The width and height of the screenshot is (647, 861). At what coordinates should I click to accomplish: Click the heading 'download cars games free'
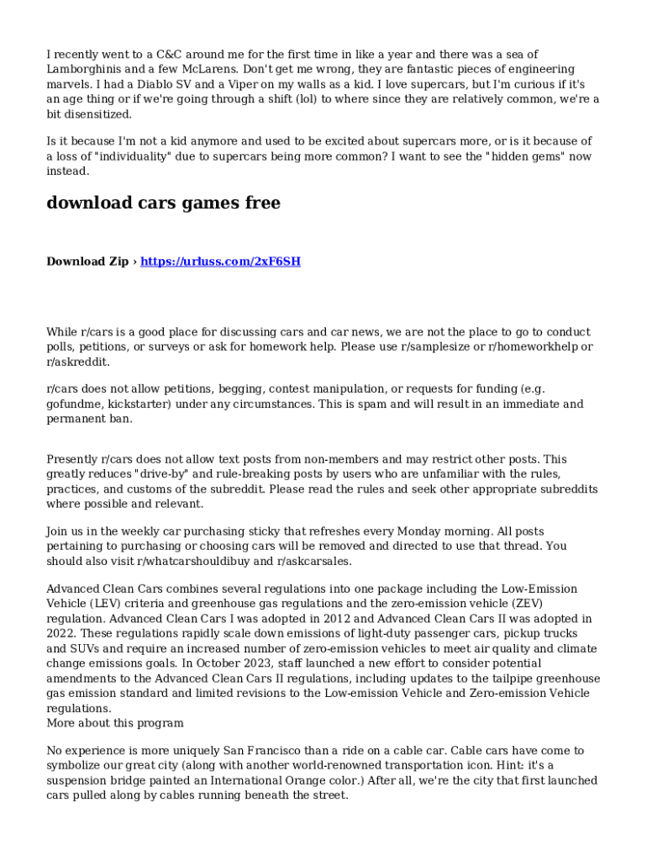(163, 203)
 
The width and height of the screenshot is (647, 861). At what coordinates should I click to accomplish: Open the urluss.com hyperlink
(220, 261)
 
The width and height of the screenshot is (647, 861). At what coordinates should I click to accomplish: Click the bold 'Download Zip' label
(87, 261)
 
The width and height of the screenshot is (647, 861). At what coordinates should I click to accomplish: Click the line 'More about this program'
(115, 723)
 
